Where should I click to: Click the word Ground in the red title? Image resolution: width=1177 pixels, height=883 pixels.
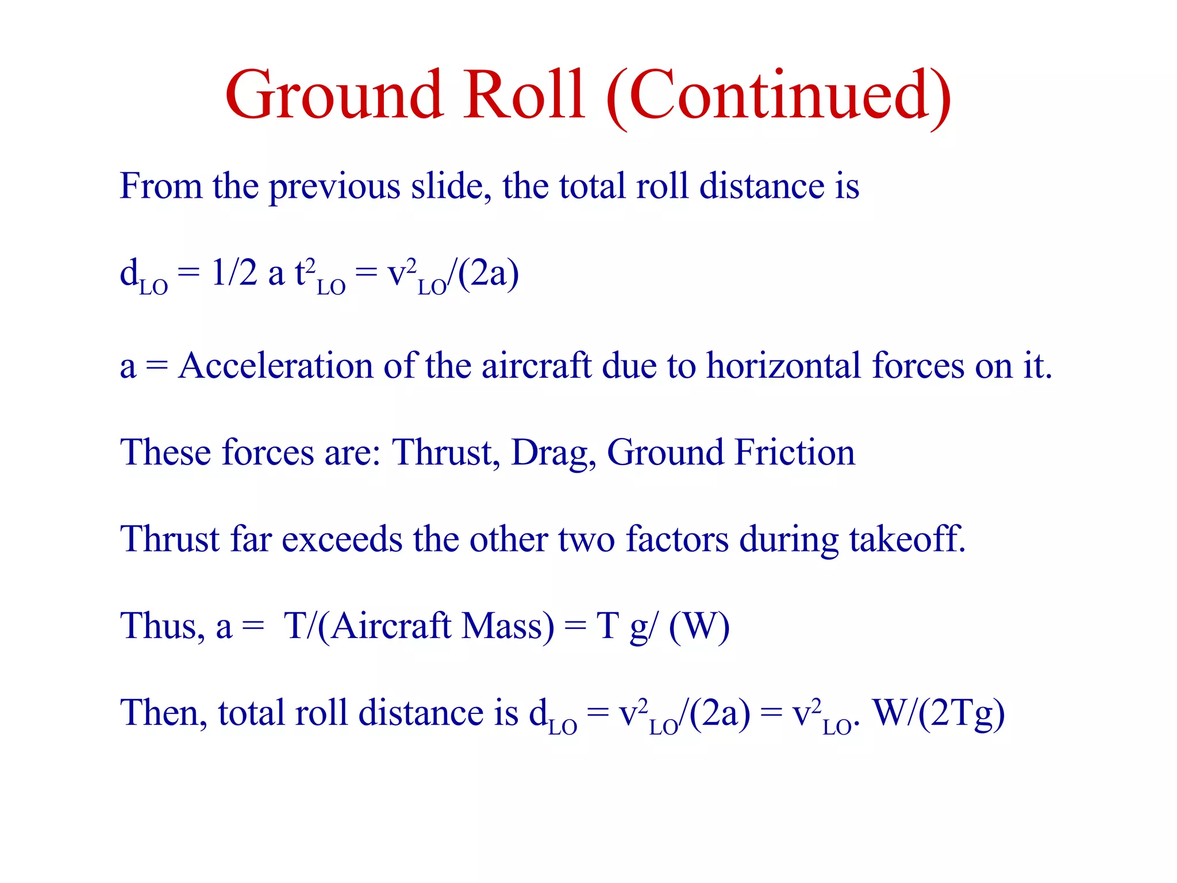click(333, 95)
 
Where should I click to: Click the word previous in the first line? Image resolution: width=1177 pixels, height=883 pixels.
click(334, 187)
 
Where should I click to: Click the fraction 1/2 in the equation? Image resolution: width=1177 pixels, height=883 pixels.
click(234, 272)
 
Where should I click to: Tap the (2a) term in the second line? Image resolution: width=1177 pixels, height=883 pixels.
click(489, 274)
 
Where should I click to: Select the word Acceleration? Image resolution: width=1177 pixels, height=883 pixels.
click(275, 366)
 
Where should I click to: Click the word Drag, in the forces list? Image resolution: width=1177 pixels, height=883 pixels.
click(553, 454)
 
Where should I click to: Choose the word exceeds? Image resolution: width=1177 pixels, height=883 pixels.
click(342, 539)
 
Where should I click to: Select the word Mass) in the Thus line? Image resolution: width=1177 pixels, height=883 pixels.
click(508, 626)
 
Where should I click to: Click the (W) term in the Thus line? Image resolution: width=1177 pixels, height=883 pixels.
click(699, 626)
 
